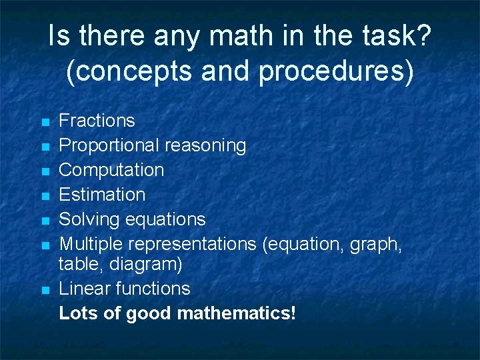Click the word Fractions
click(x=97, y=121)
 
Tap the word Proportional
click(x=109, y=145)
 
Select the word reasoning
click(x=205, y=145)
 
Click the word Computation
click(x=111, y=170)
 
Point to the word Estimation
click(x=102, y=195)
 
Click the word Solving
click(x=88, y=219)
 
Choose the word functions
click(x=153, y=289)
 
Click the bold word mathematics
click(x=236, y=313)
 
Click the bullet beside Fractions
click(x=45, y=123)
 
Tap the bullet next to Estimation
click(x=45, y=197)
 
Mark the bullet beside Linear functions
click(x=45, y=291)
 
